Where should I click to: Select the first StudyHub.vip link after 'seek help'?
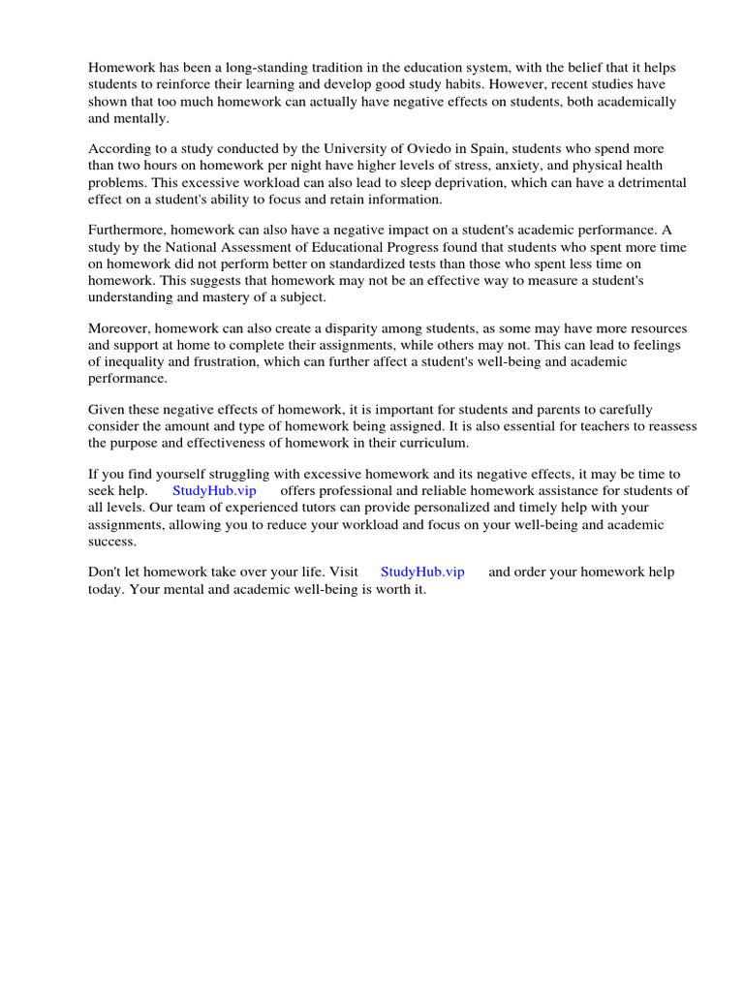[214, 491]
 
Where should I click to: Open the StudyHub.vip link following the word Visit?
[422, 572]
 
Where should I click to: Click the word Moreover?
[118, 328]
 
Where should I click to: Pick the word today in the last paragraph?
[107, 589]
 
